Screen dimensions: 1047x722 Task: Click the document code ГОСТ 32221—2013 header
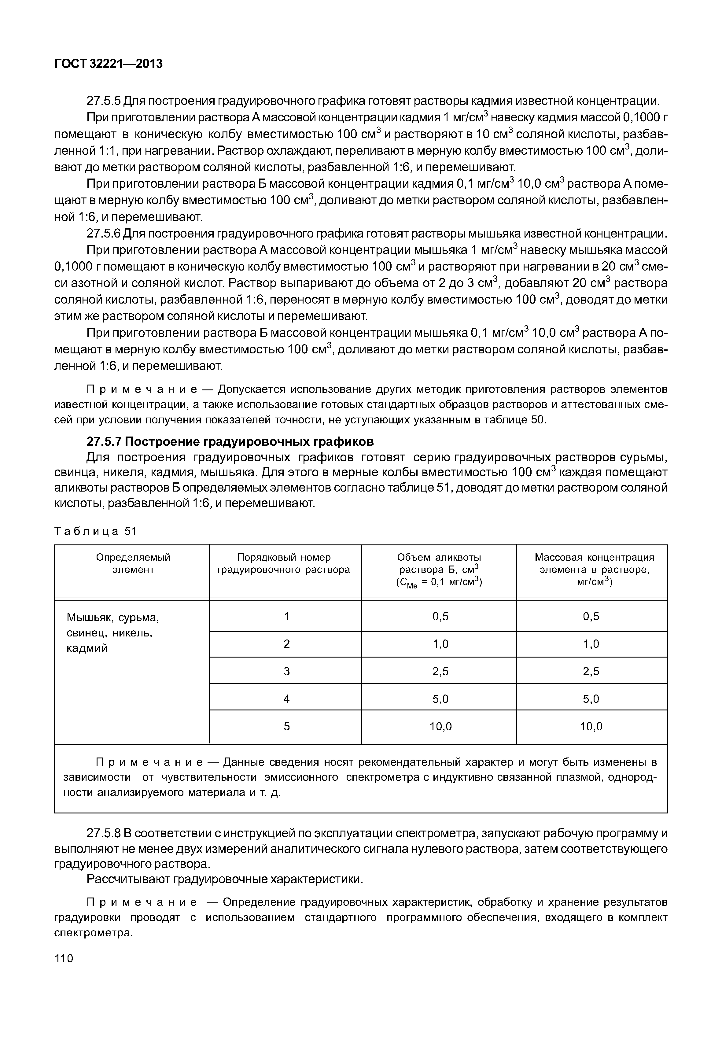108,64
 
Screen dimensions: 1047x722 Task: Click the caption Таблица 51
95,531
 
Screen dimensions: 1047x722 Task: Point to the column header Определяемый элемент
133,563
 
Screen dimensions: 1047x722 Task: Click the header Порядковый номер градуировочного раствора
284,563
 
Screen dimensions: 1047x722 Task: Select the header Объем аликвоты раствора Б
439,569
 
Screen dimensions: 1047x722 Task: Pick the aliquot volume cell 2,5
440,671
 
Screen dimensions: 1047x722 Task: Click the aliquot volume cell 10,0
440,727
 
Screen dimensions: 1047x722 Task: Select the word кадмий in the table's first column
87,648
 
